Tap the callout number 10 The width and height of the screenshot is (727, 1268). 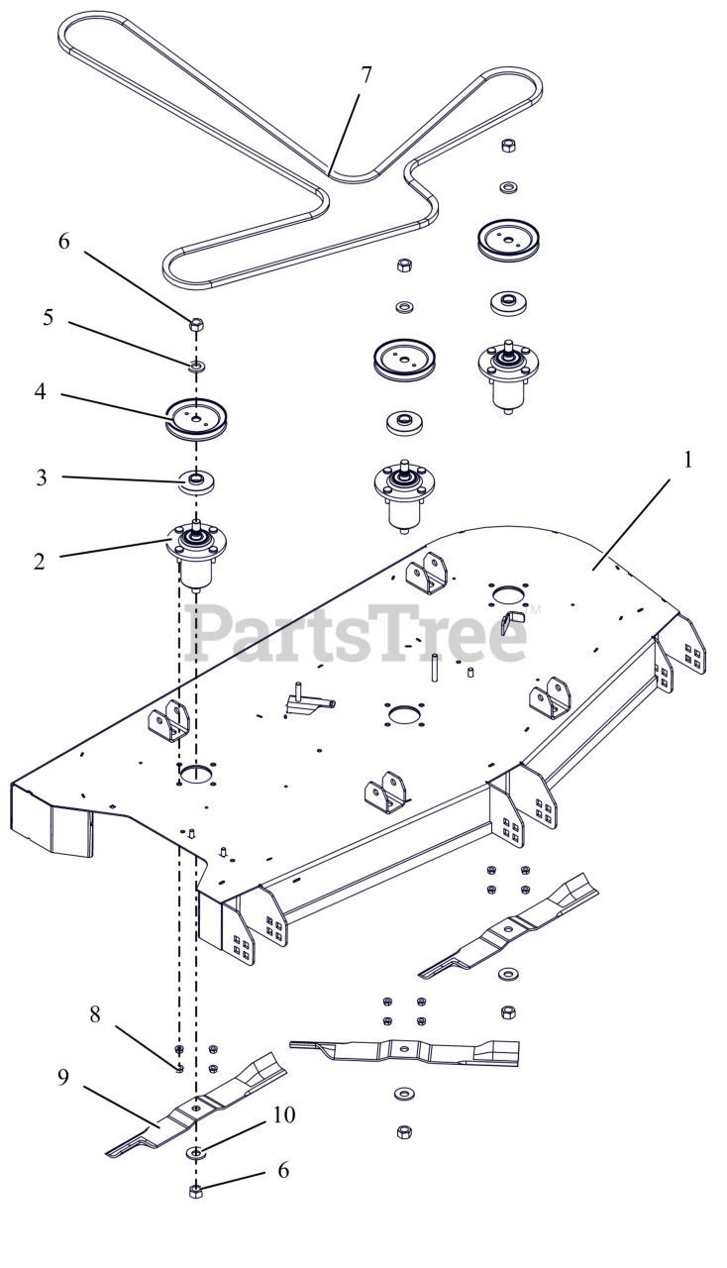coord(283,1116)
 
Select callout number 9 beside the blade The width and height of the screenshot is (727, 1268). coord(62,1075)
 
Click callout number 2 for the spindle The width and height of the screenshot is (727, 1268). coord(39,562)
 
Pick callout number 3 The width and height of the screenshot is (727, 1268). coord(41,477)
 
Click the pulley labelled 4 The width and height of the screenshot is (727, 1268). coord(195,415)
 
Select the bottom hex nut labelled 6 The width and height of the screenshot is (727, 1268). coord(195,1191)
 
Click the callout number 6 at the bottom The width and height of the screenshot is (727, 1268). coord(283,1170)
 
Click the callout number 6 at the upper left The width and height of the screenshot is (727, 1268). coord(64,243)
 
